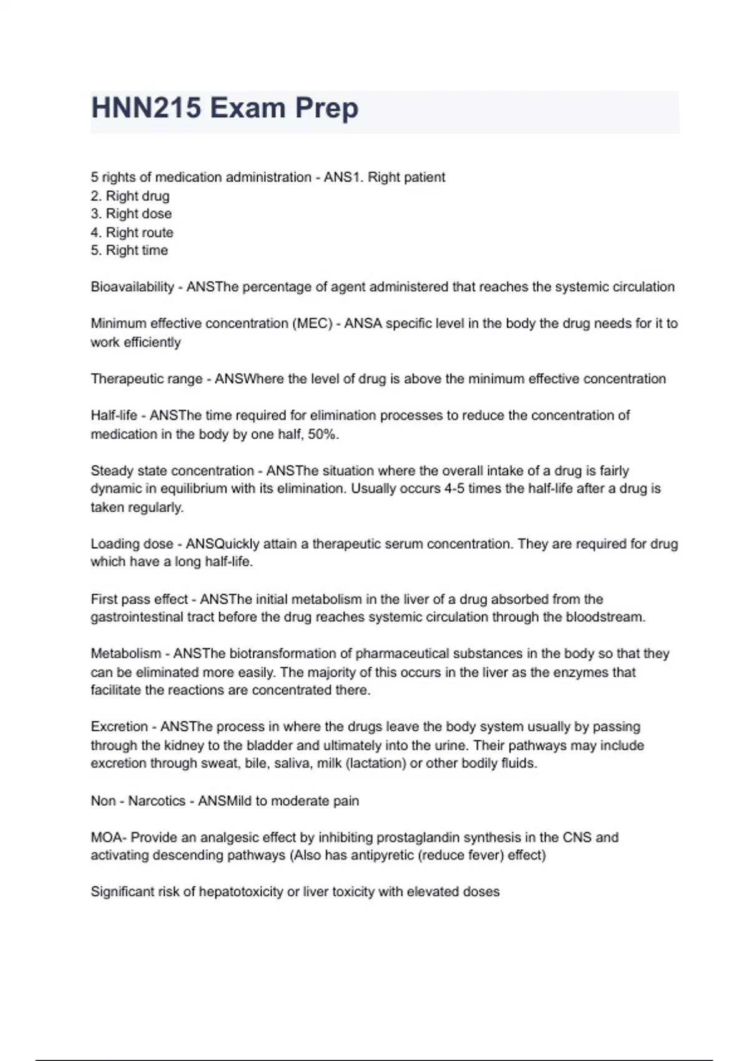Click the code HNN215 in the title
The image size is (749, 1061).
coord(146,108)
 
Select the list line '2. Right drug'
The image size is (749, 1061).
coord(130,196)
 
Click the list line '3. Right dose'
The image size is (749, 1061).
coord(131,214)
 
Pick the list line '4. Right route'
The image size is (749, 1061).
coord(132,233)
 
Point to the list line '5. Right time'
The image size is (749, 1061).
coord(129,251)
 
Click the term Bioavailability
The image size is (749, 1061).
coord(132,287)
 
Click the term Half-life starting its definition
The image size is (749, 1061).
coord(114,416)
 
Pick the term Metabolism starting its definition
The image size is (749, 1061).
coord(125,654)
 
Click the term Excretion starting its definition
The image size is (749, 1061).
coord(119,727)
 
